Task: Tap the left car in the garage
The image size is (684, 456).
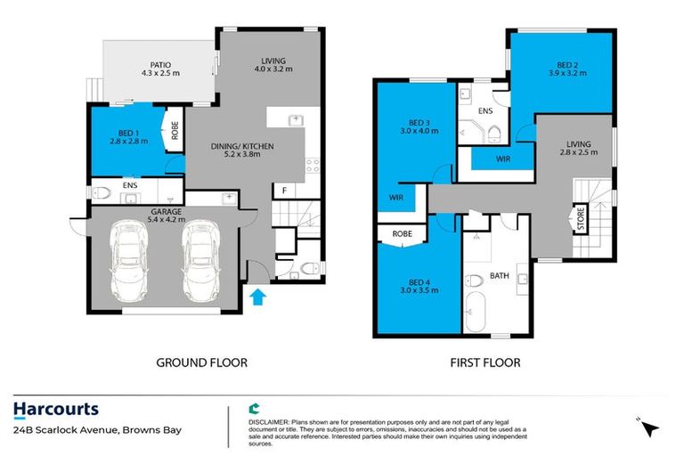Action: tap(130, 264)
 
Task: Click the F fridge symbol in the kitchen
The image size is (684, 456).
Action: tap(283, 191)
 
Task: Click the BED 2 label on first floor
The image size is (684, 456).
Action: tap(560, 65)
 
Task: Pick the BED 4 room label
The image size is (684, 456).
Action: tap(406, 284)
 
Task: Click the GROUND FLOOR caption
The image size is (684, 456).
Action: tap(201, 362)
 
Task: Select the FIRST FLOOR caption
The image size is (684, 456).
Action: tap(485, 362)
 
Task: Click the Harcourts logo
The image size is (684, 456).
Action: tap(55, 410)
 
